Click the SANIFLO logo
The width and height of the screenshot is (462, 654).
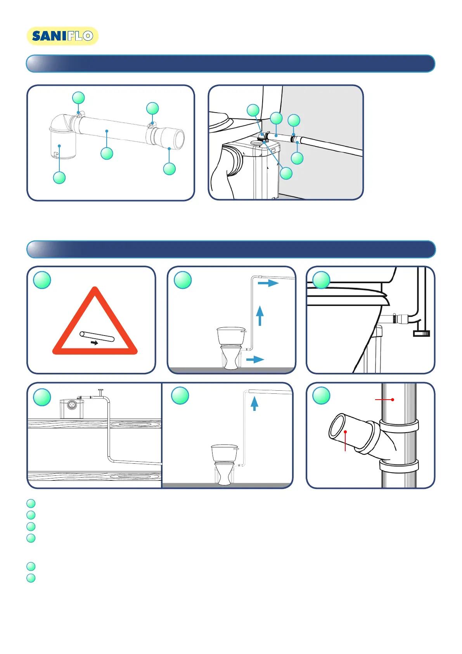[62, 36]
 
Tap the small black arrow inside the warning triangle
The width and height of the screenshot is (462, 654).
[95, 343]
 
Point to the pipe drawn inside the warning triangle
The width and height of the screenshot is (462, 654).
[97, 336]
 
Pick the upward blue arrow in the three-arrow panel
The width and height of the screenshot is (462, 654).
[260, 316]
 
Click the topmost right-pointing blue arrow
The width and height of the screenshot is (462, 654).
[268, 283]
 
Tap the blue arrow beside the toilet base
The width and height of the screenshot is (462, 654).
[255, 359]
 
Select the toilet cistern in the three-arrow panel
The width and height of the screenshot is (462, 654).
[231, 336]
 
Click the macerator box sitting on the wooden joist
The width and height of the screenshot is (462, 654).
[72, 409]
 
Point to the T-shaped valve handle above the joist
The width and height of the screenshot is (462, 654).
[100, 392]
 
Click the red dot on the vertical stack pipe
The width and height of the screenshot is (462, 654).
[393, 399]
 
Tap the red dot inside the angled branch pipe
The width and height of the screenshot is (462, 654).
[345, 432]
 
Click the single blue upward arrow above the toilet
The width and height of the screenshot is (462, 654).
[254, 404]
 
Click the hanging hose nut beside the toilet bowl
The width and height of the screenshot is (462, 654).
[421, 333]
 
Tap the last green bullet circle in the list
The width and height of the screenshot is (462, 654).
[31, 578]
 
